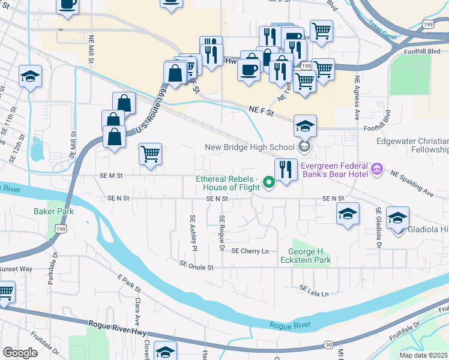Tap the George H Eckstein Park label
pyautogui.click(x=310, y=256)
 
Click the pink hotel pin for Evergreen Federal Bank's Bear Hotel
pyautogui.click(x=377, y=170)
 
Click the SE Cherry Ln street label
pyautogui.click(x=250, y=251)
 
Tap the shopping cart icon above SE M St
pyautogui.click(x=150, y=154)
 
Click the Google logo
pyautogui.click(x=20, y=353)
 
